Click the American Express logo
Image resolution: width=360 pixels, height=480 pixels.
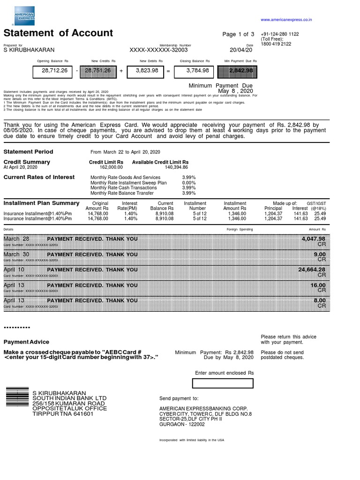24,16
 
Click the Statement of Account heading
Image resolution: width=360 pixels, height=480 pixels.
58,33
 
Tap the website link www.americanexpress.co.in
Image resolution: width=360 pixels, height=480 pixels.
286,20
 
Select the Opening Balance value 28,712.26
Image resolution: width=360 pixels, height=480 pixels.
55,71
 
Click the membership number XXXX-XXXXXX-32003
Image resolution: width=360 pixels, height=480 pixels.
158,50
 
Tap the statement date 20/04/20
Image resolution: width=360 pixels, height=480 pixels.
241,50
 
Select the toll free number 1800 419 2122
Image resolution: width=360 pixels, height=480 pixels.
276,44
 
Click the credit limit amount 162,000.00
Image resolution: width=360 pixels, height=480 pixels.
111,167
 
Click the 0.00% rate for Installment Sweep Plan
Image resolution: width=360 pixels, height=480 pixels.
188,183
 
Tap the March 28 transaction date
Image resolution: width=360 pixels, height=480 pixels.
16,239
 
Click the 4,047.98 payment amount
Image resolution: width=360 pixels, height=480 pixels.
313,239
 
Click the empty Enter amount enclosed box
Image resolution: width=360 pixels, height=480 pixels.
223,383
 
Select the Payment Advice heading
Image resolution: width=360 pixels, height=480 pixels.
26,342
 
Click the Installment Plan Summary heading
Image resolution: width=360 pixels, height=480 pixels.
41,203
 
